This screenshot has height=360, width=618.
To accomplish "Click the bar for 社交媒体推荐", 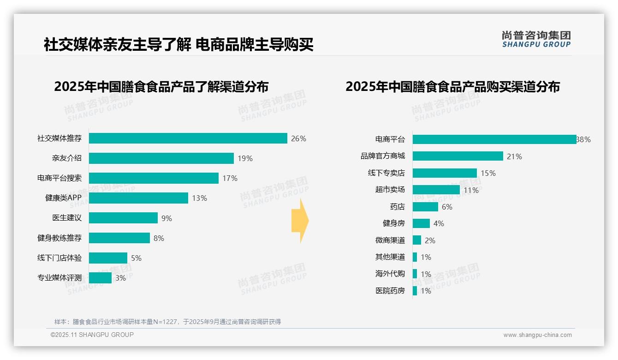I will pyautogui.click(x=188, y=138).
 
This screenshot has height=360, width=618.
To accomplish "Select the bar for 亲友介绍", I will pyautogui.click(x=161, y=158).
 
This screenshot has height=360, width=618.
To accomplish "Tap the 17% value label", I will pyautogui.click(x=230, y=178).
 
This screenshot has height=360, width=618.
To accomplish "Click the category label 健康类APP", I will pyautogui.click(x=63, y=198).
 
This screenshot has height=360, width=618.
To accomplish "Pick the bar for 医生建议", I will pyautogui.click(x=123, y=218).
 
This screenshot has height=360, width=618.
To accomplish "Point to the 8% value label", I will pyautogui.click(x=159, y=238).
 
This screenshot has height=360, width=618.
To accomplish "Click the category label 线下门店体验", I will pyautogui.click(x=59, y=258).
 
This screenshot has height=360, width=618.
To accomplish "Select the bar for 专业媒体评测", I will pyautogui.click(x=100, y=278).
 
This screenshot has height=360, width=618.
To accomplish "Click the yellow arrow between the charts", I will pyautogui.click(x=300, y=221).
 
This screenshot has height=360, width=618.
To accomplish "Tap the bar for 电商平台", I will pyautogui.click(x=494, y=139).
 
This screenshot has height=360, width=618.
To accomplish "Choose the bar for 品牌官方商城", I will pyautogui.click(x=458, y=156).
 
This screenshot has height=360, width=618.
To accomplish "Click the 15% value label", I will pyautogui.click(x=488, y=173).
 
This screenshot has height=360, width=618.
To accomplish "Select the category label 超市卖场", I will pyautogui.click(x=390, y=190).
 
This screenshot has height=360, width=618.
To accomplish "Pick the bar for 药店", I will pyautogui.click(x=425, y=207).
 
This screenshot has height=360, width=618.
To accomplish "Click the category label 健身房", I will pyautogui.click(x=393, y=223).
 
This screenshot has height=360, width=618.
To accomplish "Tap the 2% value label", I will pyautogui.click(x=430, y=240).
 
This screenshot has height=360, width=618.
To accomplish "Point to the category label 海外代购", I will pyautogui.click(x=390, y=274).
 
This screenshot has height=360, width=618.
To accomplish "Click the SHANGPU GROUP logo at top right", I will pyautogui.click(x=536, y=39).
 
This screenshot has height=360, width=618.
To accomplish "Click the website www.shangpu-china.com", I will pyautogui.click(x=537, y=335).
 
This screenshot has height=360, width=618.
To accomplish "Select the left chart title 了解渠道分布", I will pyautogui.click(x=161, y=87).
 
